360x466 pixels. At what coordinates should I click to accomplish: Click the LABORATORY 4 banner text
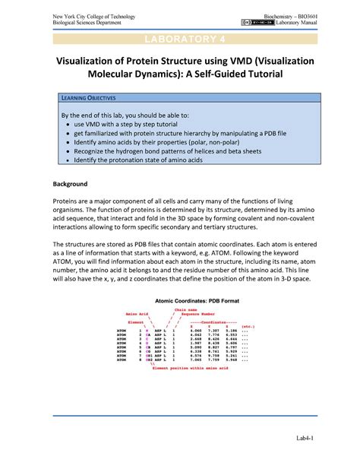180,40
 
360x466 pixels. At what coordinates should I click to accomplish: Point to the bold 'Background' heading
70,184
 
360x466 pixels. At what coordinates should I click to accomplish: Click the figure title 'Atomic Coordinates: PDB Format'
180,301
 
